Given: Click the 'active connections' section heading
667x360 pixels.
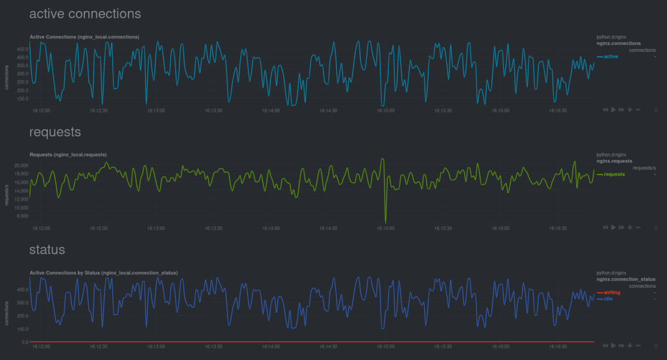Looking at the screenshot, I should coord(85,13).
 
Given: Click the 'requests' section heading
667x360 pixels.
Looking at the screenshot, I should coord(55,132).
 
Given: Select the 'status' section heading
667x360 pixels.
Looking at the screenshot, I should coord(47,250).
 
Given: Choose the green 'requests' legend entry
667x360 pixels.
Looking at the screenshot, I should coord(614,174).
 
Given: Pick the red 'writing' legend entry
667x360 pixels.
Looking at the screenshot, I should coord(611,292).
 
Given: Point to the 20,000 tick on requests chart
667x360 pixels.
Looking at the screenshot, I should coord(21,166).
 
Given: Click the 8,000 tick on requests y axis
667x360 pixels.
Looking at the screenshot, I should coord(22,216).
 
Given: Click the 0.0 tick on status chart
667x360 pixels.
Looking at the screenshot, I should coord(25,342).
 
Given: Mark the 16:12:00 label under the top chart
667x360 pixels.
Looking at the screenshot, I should coord(41,111).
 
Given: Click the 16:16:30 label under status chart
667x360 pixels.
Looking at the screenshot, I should coord(558,346).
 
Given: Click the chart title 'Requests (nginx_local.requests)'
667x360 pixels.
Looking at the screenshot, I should coord(68,154).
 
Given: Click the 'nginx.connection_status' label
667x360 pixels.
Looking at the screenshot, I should coord(626,279).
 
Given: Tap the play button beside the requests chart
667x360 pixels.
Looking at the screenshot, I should coord(613,227).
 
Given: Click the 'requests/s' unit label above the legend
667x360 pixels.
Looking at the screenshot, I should coord(644,168).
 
